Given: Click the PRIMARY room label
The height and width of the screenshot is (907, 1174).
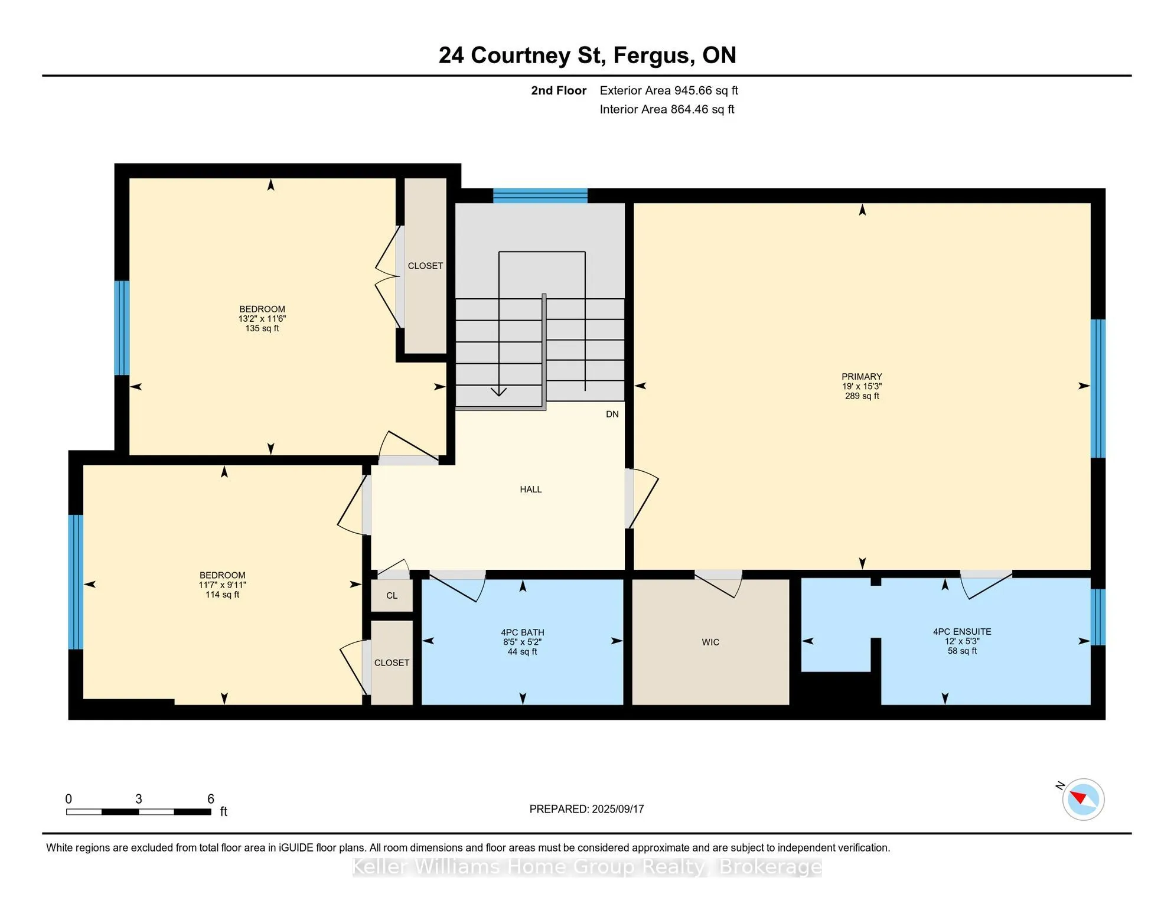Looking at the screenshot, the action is click(862, 377).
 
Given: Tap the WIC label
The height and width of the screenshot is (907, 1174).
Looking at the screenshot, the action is click(710, 642).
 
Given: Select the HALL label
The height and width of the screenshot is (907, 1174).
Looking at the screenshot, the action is click(530, 490).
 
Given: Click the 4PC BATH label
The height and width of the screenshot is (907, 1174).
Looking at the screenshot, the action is click(523, 632).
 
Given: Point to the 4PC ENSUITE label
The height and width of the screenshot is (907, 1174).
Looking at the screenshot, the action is click(962, 632).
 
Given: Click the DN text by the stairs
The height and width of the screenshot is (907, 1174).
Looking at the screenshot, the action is click(612, 415).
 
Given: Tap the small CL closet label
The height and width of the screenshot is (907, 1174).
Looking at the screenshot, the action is click(392, 596).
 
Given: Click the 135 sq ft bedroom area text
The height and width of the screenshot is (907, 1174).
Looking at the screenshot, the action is click(262, 328).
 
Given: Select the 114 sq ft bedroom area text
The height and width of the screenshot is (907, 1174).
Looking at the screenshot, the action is click(222, 595).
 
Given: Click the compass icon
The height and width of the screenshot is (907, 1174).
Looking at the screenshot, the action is click(1083, 800).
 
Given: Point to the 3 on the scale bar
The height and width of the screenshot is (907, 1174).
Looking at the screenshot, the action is click(139, 799).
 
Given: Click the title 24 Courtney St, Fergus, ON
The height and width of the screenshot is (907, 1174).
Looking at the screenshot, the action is click(587, 56).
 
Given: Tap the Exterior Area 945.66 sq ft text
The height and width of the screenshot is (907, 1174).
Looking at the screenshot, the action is click(668, 90).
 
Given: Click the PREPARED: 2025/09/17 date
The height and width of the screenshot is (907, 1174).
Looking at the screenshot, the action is click(586, 809).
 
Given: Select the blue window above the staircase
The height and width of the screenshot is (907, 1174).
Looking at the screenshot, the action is click(540, 196).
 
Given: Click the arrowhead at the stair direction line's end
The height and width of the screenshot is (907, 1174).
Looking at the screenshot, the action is click(499, 391).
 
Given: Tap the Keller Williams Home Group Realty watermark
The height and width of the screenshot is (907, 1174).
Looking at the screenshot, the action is click(587, 867).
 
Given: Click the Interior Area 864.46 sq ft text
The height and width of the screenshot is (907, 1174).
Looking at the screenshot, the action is click(667, 109).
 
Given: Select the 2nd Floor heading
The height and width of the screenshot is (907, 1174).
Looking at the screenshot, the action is click(559, 90).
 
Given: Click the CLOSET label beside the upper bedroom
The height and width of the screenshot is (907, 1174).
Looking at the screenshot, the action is click(425, 266).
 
